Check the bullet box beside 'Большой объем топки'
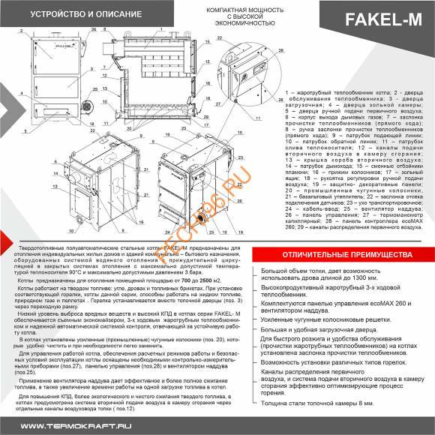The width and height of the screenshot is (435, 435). pyautogui.click(x=256, y=249)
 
